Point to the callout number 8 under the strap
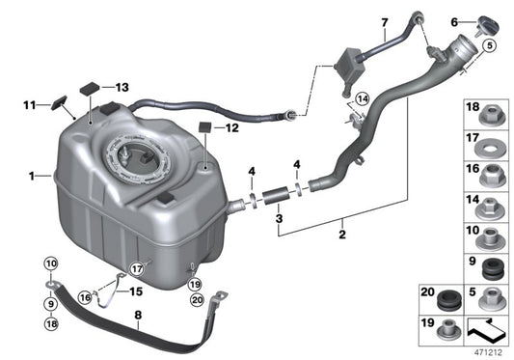[x=139, y=314]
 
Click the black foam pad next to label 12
[x=204, y=127]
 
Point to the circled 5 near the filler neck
[x=489, y=45]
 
